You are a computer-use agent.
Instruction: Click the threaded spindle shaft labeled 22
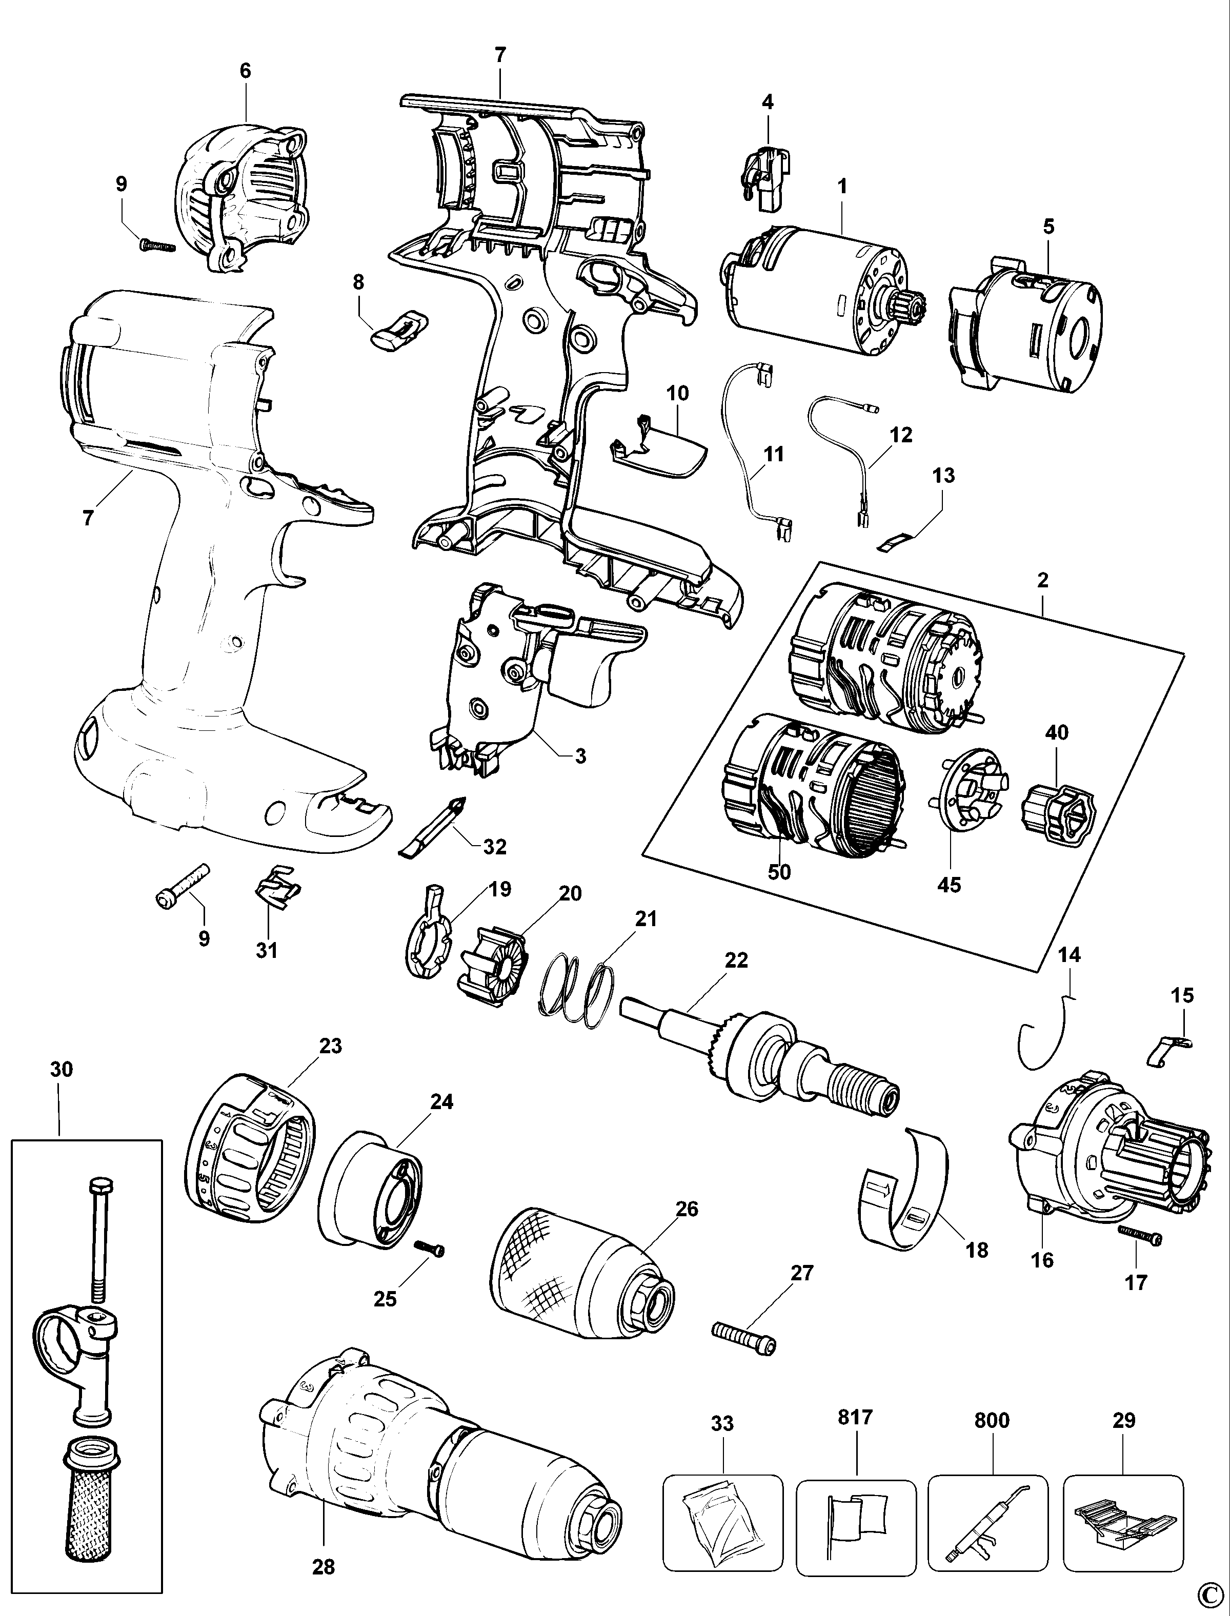pos(761,1054)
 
